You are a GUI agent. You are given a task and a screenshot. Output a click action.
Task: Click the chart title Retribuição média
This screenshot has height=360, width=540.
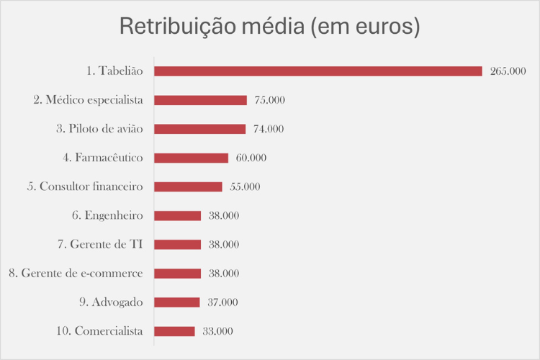(x=269, y=27)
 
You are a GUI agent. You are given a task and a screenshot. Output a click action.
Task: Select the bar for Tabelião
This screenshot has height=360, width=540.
(x=318, y=71)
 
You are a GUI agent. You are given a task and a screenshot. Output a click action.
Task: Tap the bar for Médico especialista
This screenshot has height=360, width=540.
(x=200, y=100)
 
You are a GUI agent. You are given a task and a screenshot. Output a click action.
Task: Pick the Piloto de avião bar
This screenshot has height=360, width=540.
(x=199, y=129)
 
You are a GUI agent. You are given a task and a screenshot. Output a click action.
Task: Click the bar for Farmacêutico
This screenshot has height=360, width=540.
(x=191, y=158)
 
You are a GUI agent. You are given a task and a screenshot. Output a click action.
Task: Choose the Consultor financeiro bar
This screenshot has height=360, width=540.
(x=188, y=186)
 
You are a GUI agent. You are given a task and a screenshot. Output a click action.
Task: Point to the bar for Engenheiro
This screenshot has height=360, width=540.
(x=177, y=215)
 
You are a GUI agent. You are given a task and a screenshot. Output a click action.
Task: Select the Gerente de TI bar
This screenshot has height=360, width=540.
(x=177, y=244)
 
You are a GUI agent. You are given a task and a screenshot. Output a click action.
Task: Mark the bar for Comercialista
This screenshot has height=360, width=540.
(x=174, y=331)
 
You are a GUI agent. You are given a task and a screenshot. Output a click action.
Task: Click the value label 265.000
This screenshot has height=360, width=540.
(x=508, y=71)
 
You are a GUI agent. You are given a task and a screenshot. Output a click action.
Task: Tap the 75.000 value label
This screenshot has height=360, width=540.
(x=269, y=100)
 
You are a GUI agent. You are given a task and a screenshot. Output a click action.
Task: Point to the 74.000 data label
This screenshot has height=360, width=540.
(x=268, y=129)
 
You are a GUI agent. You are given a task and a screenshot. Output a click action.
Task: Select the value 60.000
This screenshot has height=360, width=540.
(x=251, y=158)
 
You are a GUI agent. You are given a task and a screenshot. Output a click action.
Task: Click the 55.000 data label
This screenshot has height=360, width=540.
(x=245, y=186)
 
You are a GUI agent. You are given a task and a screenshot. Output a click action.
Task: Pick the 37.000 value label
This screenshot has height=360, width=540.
(x=222, y=302)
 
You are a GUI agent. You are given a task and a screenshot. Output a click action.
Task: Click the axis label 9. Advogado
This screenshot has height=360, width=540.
(x=110, y=302)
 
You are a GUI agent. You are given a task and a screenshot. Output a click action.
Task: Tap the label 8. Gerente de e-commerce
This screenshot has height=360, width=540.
(x=76, y=274)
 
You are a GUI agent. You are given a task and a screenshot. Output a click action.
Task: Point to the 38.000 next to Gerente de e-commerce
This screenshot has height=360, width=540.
(x=223, y=274)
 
